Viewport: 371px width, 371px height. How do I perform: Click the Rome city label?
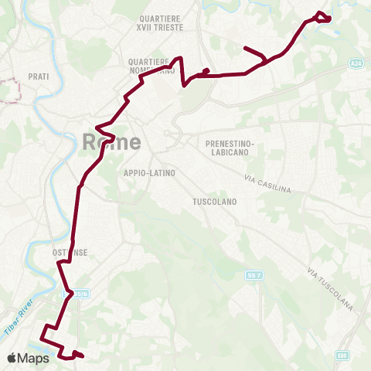pos(111,142)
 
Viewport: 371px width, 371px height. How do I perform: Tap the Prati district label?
pos(39,77)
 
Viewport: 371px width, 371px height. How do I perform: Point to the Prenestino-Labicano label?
pos(230,148)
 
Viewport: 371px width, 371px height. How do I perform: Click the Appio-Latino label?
pos(149,173)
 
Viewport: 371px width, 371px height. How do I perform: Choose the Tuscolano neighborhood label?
pos(214,201)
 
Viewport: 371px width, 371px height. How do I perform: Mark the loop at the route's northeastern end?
pos(324,16)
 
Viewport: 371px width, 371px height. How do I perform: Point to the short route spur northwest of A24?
pos(254,53)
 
